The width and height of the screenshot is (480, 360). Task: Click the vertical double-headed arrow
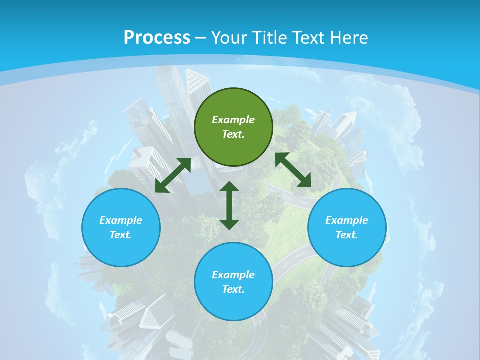[x=229, y=205]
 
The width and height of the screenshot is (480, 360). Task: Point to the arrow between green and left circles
[x=173, y=175]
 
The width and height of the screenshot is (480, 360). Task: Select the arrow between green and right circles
[x=293, y=170]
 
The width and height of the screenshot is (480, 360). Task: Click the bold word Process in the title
[x=157, y=37]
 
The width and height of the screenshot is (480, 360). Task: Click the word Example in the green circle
[x=233, y=120]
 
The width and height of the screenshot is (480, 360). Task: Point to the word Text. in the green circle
[x=233, y=134]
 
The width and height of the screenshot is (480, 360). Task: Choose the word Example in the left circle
[x=121, y=220]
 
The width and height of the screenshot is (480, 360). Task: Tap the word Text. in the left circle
[x=121, y=235]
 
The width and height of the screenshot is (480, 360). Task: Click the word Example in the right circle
[x=347, y=220]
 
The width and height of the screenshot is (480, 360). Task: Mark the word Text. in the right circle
[x=347, y=235]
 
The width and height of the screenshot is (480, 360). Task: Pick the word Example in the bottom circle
[x=233, y=275]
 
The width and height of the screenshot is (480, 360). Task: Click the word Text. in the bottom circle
[x=233, y=289]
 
